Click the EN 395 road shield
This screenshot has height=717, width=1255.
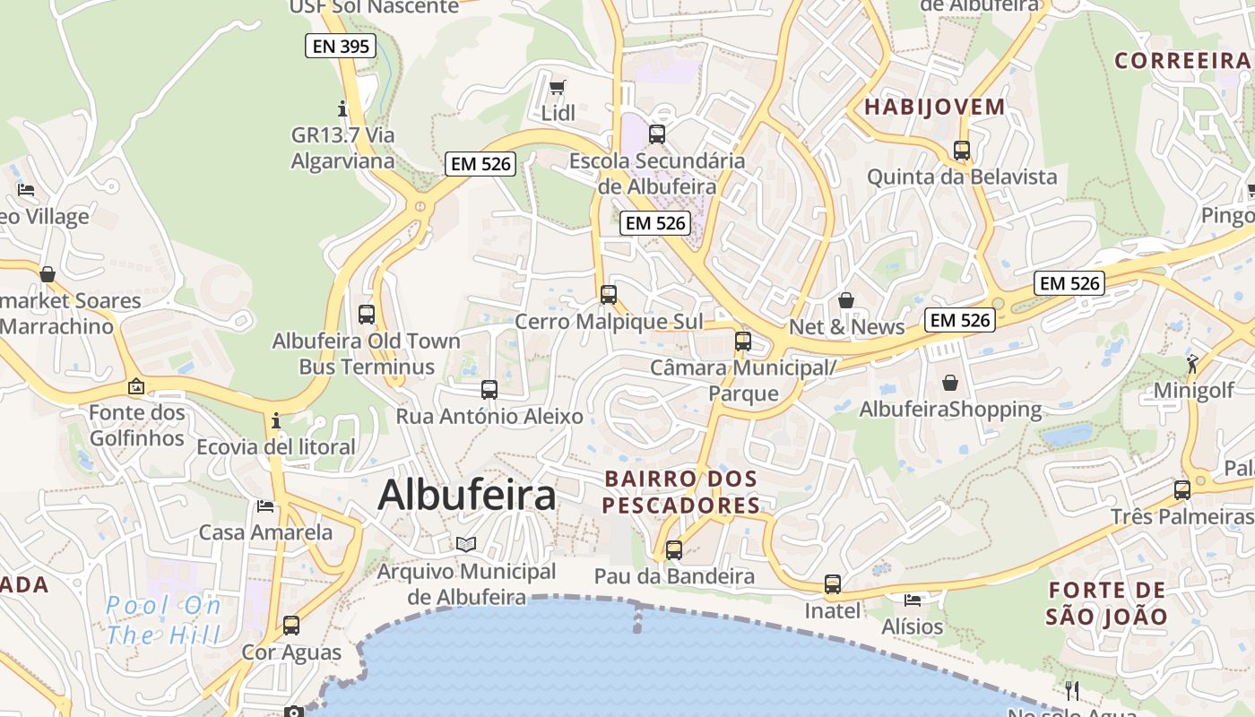(x=340, y=46)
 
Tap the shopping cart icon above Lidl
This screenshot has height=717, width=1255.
(x=558, y=87)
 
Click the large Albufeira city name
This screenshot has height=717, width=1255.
(x=467, y=495)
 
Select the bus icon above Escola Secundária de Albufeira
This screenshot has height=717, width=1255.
(x=657, y=134)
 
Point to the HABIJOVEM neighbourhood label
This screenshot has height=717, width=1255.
(x=935, y=107)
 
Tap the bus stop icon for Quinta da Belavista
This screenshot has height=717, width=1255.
(x=962, y=151)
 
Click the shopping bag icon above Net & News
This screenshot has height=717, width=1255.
(x=846, y=300)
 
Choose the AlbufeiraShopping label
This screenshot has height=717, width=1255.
(x=950, y=410)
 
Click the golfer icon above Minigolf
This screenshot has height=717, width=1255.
(x=1192, y=363)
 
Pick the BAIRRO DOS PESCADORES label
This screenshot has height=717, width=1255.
(x=681, y=492)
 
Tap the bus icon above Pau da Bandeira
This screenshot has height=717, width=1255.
(x=674, y=549)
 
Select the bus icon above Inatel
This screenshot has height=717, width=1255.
(x=833, y=584)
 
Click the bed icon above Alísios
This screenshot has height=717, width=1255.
(x=913, y=600)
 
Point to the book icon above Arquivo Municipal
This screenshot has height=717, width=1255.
(x=465, y=544)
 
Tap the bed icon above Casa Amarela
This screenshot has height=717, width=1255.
(x=265, y=505)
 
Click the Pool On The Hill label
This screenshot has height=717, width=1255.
(x=163, y=620)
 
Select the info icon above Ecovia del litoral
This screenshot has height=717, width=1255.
(x=276, y=419)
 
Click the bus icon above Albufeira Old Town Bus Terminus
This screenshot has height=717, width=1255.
(x=367, y=314)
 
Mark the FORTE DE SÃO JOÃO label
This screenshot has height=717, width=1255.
(x=1106, y=603)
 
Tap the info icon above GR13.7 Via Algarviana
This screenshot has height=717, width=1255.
(x=342, y=108)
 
